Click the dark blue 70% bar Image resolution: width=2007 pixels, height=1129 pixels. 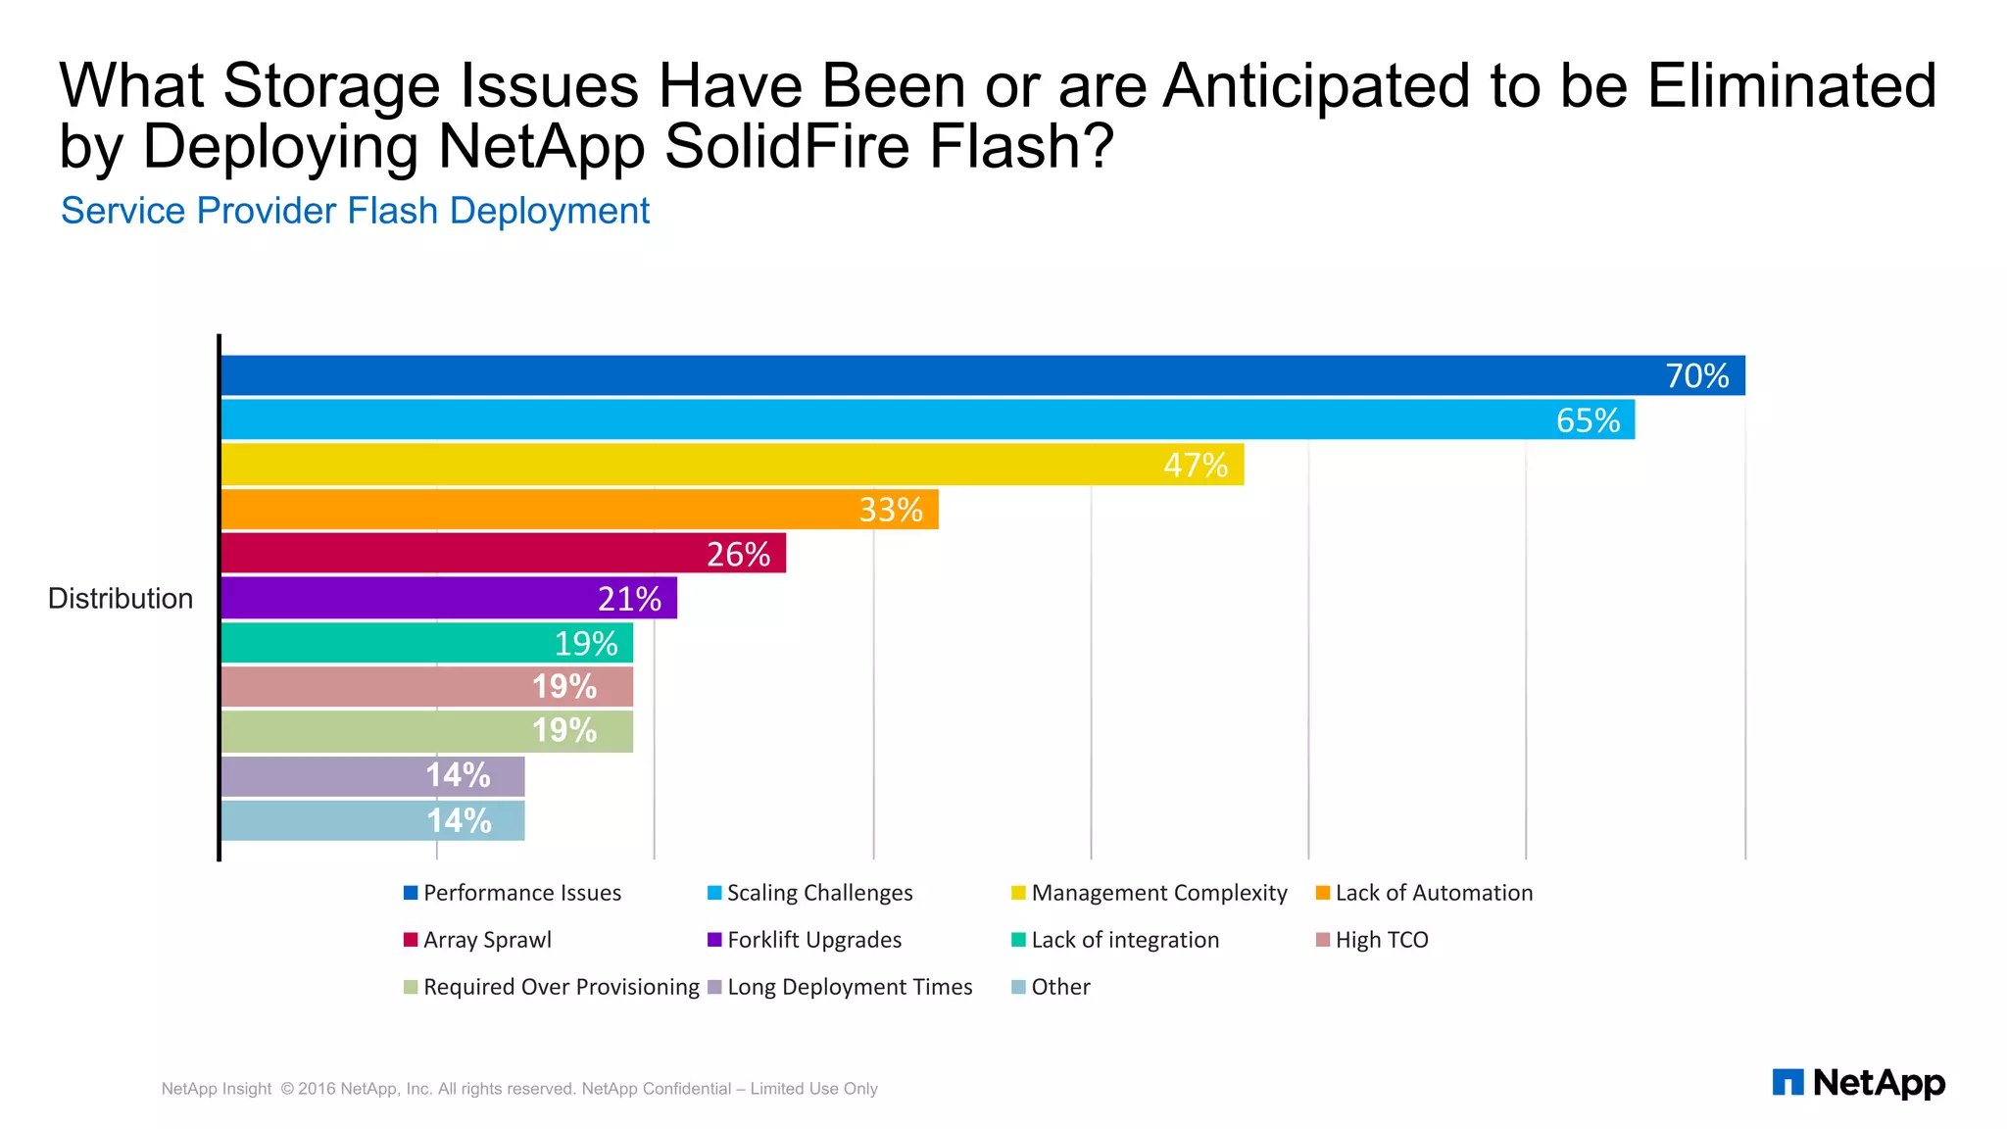(x=980, y=375)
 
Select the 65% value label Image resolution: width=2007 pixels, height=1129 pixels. (x=1588, y=420)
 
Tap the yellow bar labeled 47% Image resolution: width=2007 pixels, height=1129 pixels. (x=732, y=465)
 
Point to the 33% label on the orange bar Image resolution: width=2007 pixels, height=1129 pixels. (x=891, y=510)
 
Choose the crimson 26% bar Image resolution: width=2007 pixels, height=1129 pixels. (x=503, y=554)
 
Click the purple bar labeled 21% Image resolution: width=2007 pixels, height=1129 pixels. (x=449, y=598)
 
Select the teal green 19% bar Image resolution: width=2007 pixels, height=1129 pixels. (x=426, y=643)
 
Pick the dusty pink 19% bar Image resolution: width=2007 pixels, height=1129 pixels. (x=426, y=687)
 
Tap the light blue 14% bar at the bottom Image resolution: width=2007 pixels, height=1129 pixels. (x=372, y=820)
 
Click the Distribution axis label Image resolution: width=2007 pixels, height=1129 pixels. (x=121, y=599)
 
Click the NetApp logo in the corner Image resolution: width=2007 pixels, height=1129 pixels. (x=1858, y=1083)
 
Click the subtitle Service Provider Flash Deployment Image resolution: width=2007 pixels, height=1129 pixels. (x=355, y=211)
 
